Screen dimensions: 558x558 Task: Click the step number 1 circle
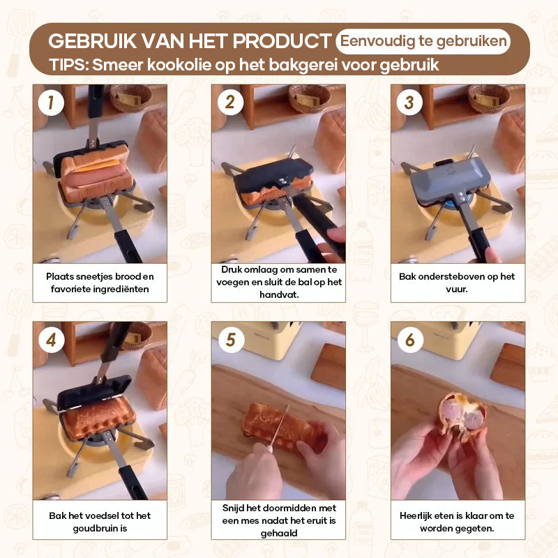pyautogui.click(x=51, y=103)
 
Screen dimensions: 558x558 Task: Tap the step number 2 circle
pyautogui.click(x=230, y=103)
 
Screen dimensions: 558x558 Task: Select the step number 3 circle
pyautogui.click(x=409, y=103)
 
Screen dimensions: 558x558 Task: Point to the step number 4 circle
pyautogui.click(x=51, y=340)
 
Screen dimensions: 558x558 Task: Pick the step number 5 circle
pyautogui.click(x=231, y=340)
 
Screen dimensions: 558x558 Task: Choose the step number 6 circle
pyautogui.click(x=410, y=340)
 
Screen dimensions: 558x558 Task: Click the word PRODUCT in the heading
pyautogui.click(x=282, y=41)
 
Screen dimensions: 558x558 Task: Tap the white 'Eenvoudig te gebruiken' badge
pyautogui.click(x=423, y=41)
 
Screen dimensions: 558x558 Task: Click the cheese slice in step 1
pyautogui.click(x=96, y=166)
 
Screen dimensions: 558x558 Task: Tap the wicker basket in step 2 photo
pyautogui.click(x=309, y=98)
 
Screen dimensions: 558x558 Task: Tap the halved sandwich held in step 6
pyautogui.click(x=462, y=415)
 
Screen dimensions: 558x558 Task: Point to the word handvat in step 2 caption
pyautogui.click(x=279, y=294)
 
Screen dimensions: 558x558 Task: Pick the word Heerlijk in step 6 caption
pyautogui.click(x=415, y=515)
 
